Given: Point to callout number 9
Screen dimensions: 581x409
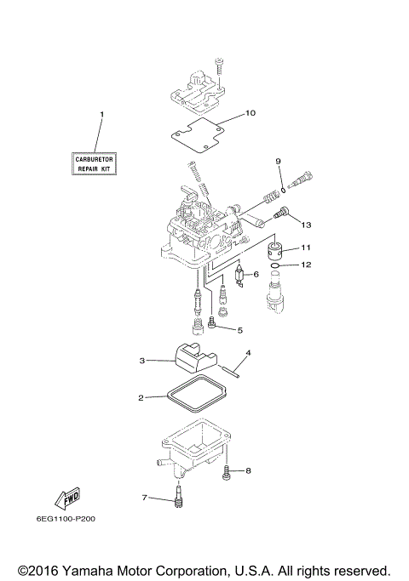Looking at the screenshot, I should (278, 161).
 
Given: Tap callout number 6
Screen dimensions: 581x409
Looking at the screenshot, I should (255, 275).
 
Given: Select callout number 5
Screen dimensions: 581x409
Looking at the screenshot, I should (240, 330).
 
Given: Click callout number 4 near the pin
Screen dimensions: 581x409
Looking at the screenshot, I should (249, 352).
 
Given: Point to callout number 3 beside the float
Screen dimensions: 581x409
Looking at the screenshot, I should (142, 362).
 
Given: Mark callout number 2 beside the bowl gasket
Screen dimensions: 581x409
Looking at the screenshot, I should (141, 397).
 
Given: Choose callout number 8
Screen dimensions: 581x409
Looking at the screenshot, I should (249, 470).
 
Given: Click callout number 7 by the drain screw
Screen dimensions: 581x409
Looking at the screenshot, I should (145, 497).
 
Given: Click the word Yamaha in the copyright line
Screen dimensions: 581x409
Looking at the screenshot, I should (101, 568).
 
